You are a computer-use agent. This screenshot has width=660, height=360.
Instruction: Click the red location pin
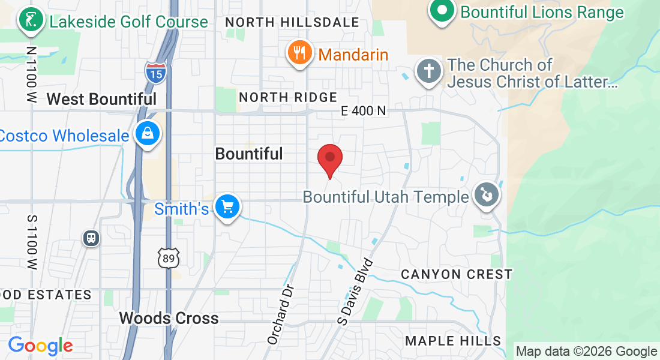(x=329, y=158)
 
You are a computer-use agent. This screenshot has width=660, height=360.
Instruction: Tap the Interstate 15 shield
(x=156, y=73)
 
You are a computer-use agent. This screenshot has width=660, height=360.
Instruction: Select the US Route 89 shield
(x=168, y=258)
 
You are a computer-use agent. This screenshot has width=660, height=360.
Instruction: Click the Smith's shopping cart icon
(x=227, y=207)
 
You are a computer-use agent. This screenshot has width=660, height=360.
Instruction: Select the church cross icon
(x=429, y=71)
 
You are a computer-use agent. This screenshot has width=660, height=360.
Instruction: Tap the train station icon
(x=91, y=238)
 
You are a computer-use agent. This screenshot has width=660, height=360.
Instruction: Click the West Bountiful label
(x=101, y=99)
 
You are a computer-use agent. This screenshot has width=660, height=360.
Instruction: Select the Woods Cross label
(x=169, y=317)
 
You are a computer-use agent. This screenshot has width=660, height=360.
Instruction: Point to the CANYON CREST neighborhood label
(x=457, y=274)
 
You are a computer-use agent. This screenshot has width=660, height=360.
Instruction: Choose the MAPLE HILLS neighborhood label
(x=453, y=341)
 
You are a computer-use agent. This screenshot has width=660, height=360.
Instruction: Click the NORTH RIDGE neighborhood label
(x=288, y=97)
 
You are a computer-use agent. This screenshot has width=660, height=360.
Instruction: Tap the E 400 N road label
(x=363, y=110)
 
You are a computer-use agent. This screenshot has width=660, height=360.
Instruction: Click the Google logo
(x=40, y=346)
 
